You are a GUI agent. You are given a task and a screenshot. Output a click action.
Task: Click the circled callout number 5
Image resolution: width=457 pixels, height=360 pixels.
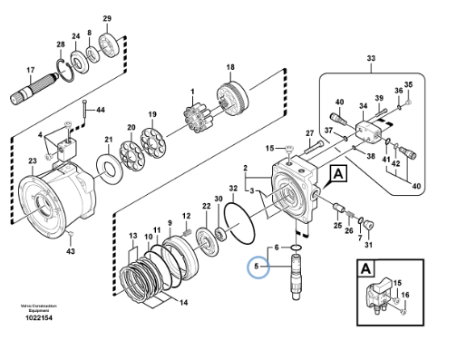[257, 267]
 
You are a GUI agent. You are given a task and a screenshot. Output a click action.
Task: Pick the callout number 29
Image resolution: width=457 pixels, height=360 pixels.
[107, 19]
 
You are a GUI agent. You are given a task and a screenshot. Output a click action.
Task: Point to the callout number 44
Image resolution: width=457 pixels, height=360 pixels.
[100, 110]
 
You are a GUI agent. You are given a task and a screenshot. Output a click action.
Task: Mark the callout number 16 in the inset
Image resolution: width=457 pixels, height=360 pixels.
[404, 296]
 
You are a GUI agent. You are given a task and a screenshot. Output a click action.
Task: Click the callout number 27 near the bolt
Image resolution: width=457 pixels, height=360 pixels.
[308, 132]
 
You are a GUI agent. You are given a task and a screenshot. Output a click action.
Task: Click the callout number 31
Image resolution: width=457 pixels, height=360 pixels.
[368, 245]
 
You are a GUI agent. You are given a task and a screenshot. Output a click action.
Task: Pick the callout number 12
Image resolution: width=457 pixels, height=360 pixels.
[186, 215]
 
